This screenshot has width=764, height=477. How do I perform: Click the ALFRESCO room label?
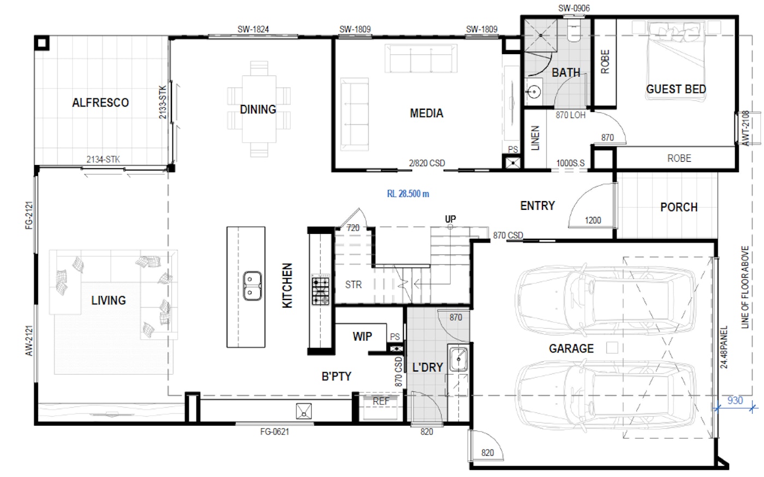click(100, 102)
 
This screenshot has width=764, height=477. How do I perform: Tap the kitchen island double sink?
click(252, 286)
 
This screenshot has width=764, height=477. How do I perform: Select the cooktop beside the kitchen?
click(321, 289)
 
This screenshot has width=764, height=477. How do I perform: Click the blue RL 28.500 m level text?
click(408, 194)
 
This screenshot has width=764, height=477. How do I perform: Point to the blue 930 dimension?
click(735, 400)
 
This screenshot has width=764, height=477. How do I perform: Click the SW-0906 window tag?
click(574, 8)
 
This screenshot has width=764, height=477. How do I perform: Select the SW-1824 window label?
click(253, 30)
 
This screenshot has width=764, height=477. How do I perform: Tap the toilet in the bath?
click(574, 30)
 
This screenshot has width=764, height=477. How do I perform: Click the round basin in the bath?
click(534, 91)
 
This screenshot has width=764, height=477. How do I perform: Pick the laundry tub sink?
click(458, 359)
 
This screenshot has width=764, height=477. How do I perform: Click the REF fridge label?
click(381, 401)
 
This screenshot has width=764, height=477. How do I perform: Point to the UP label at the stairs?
click(450, 219)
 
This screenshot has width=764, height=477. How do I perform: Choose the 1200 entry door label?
click(593, 220)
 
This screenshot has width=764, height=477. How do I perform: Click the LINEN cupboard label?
click(535, 138)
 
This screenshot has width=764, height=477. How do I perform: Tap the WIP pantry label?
click(362, 337)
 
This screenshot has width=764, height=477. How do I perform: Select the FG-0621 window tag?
click(274, 432)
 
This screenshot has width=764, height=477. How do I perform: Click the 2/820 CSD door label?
click(427, 163)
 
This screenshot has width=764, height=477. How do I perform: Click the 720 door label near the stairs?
click(353, 228)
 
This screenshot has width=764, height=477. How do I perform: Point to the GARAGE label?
click(571, 349)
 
